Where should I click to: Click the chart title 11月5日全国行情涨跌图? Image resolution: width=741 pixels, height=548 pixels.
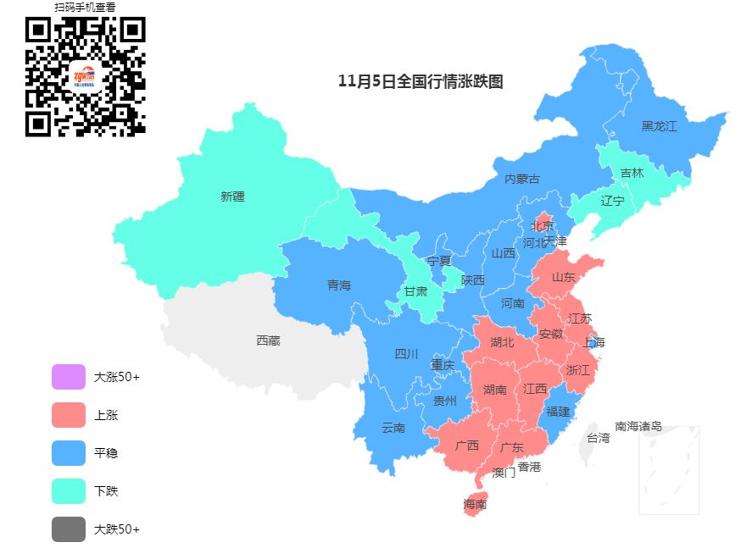421,81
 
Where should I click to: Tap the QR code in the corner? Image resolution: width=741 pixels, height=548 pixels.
85,77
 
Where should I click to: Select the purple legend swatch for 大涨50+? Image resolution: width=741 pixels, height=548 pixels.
69,377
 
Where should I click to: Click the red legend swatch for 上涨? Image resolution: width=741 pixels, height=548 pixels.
69,415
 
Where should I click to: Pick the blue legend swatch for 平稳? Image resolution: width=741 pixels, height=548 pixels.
69,453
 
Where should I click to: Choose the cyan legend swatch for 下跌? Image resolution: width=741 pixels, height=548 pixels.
69,491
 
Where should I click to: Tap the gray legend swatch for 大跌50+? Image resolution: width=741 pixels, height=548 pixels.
69,529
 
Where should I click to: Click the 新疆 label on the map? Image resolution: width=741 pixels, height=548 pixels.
232,197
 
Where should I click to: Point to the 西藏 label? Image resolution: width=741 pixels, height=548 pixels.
268,340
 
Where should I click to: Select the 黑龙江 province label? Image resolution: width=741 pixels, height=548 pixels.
659,126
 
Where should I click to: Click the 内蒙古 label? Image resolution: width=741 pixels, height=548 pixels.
522,179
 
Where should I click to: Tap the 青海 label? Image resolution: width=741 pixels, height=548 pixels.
339,285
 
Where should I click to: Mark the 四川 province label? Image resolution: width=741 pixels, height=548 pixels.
406,354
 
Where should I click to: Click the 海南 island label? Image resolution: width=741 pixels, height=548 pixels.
475,504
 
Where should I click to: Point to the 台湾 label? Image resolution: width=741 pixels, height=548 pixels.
598,438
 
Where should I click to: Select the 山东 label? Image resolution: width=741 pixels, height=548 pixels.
564,277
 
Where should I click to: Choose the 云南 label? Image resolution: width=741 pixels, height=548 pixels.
393,428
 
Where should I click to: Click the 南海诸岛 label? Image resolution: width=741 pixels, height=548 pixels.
638,426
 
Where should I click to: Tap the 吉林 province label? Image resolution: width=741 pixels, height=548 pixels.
632,173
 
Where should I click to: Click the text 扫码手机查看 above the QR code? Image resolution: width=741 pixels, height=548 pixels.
85,7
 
